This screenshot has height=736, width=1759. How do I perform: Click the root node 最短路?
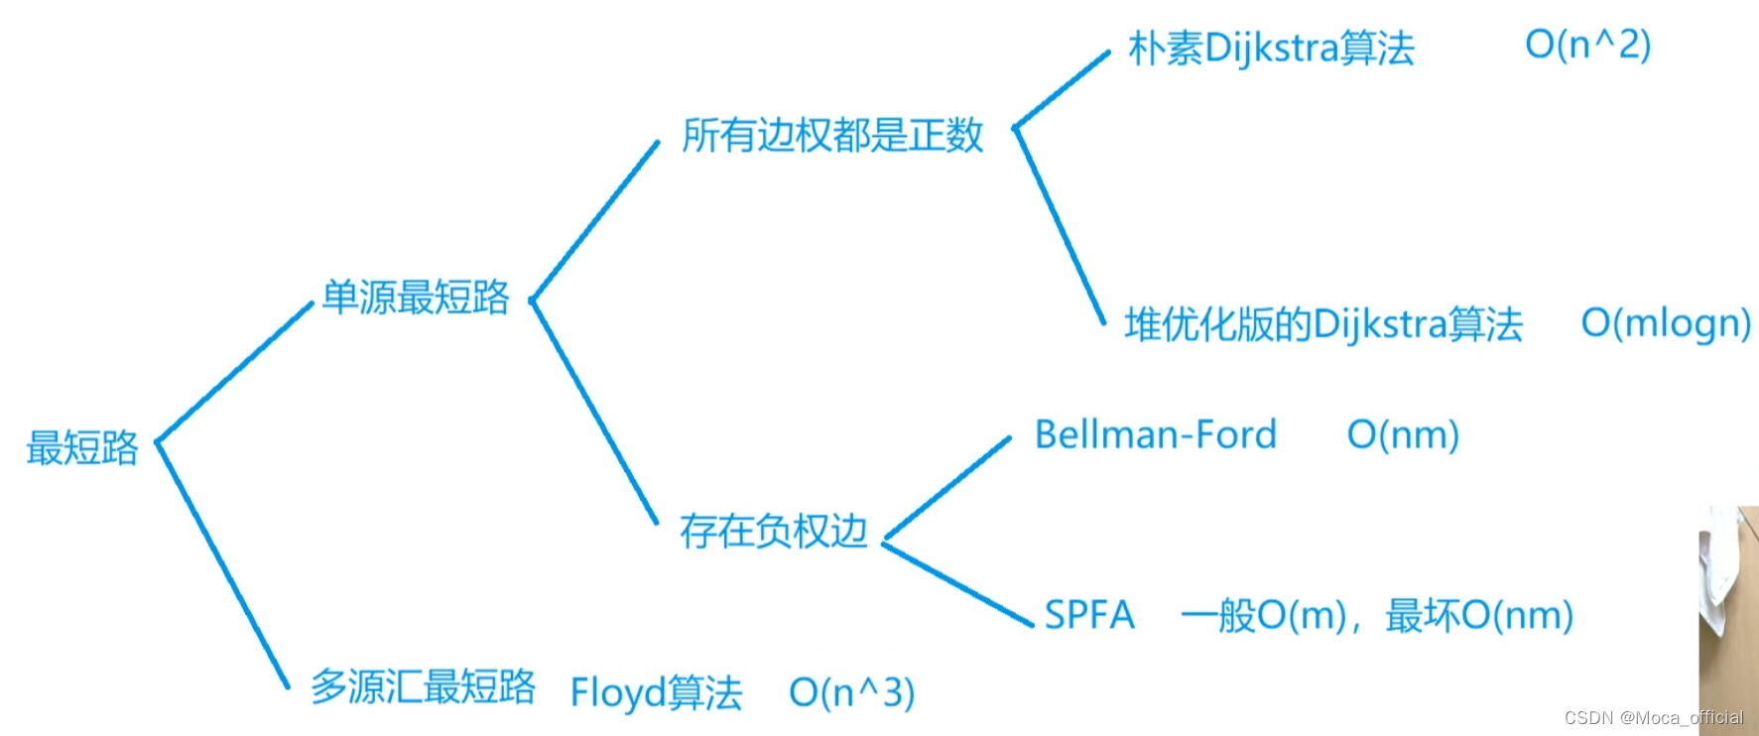point(82,448)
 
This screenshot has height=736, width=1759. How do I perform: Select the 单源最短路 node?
point(416,298)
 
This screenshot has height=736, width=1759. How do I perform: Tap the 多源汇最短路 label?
point(423,686)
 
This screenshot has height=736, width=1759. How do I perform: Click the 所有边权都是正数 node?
point(832,136)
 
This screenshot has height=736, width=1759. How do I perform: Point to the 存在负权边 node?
point(773,532)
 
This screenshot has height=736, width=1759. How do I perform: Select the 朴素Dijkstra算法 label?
point(1271,48)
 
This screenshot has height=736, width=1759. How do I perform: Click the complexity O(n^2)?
point(1587,45)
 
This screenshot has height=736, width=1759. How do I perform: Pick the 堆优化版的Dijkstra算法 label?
point(1322,324)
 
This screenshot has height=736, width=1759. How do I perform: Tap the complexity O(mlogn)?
point(1666,323)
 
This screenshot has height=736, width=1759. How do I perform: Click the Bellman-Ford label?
point(1155,434)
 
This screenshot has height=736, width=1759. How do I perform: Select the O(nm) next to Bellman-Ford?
point(1403,434)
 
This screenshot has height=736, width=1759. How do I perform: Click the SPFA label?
point(1089,615)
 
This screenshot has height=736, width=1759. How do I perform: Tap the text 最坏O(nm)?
point(1479,616)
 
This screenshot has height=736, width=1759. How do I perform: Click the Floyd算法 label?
point(656,692)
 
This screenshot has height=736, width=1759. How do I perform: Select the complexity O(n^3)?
point(851,692)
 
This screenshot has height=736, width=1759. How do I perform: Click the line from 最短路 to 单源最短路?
point(235,372)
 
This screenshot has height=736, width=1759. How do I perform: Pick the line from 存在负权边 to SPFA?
point(957,583)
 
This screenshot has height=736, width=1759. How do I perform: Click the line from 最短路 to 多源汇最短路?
point(223,564)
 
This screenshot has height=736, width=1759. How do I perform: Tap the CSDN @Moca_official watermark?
point(1653,717)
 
